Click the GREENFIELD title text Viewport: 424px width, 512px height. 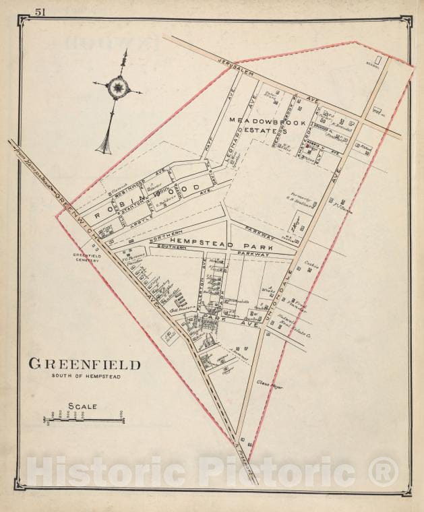84,364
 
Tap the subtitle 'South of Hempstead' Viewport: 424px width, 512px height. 84,377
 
